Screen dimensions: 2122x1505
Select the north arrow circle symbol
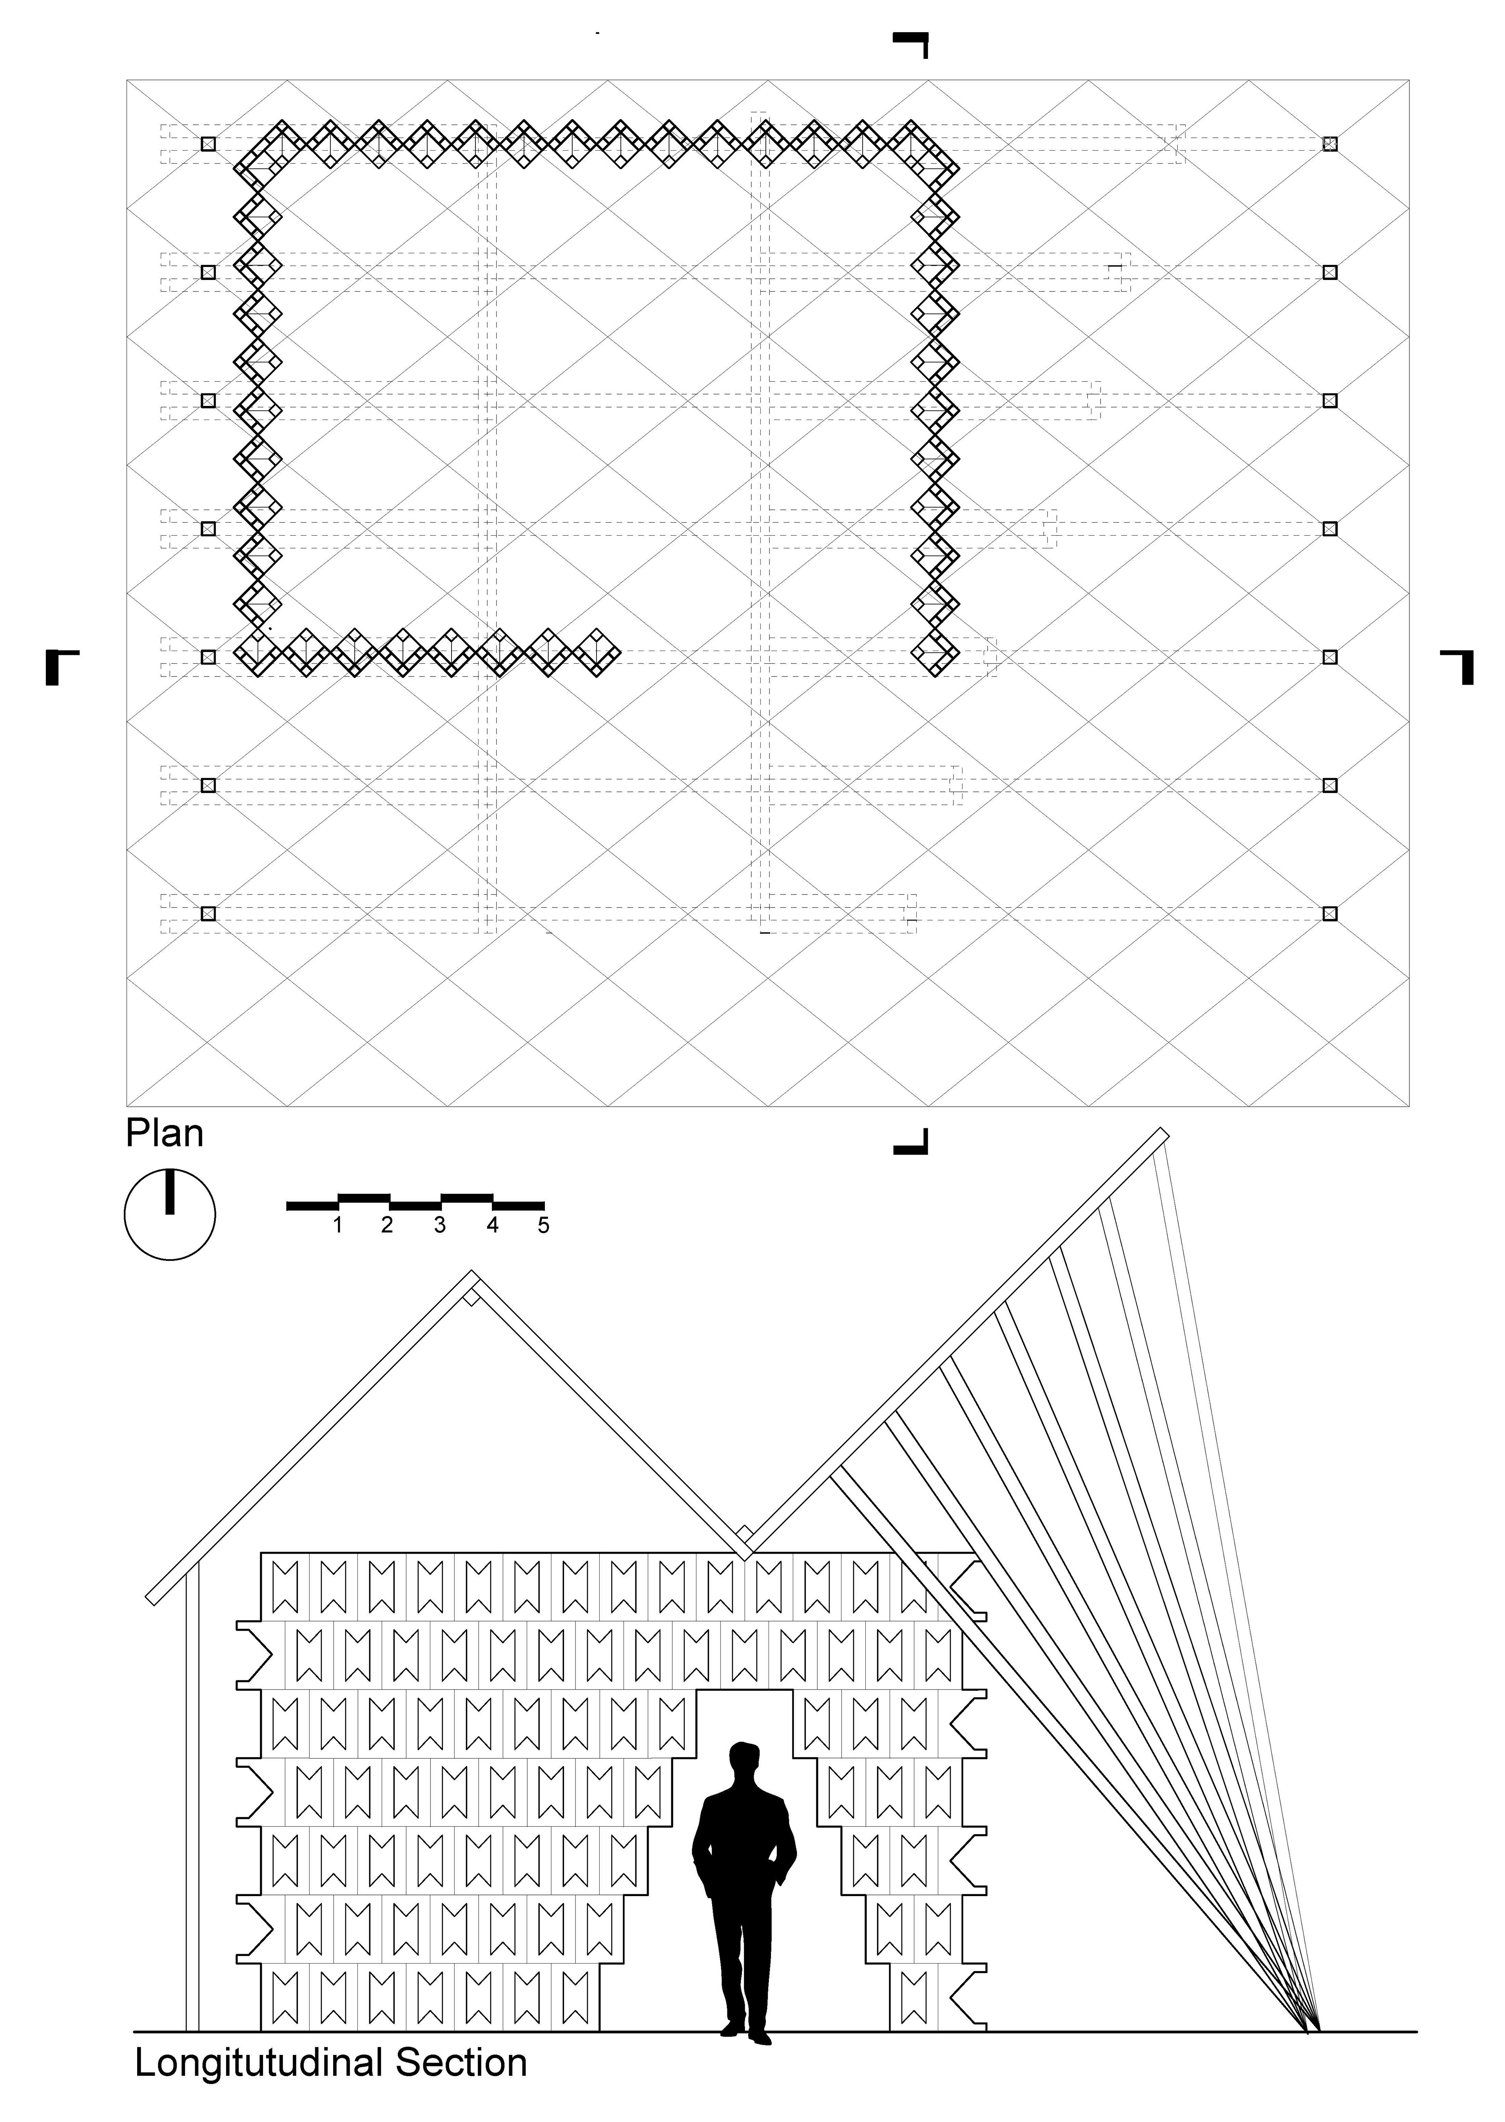(170, 1215)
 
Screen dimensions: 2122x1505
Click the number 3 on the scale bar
(439, 1226)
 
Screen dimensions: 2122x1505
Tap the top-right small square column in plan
(1330, 144)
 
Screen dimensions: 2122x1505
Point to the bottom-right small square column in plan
(1330, 913)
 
